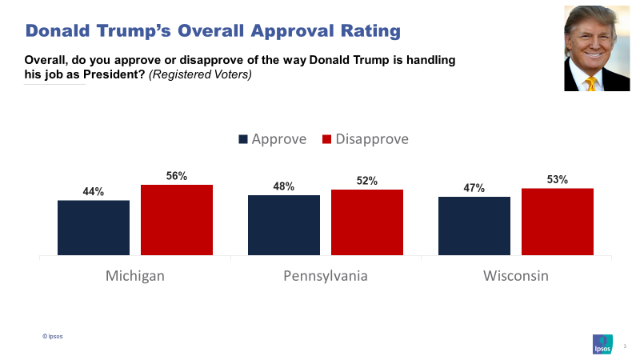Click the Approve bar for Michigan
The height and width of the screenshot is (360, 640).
pyautogui.click(x=94, y=228)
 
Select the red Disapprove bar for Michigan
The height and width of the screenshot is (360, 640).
pyautogui.click(x=177, y=221)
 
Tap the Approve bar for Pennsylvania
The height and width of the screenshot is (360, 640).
pyautogui.click(x=284, y=226)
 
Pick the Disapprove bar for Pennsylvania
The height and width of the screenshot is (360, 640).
pyautogui.click(x=367, y=223)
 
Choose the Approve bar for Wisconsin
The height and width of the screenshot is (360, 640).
pyautogui.click(x=474, y=226)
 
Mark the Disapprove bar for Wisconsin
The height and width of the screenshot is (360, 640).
pyautogui.click(x=558, y=222)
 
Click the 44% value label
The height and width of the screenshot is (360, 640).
pyautogui.click(x=94, y=192)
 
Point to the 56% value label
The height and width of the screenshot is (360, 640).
pyautogui.click(x=177, y=176)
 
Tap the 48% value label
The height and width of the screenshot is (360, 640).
pyautogui.click(x=284, y=186)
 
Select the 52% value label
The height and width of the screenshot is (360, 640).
pyautogui.click(x=367, y=181)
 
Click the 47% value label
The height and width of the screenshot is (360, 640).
pyautogui.click(x=474, y=188)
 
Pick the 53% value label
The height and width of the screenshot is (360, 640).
pyautogui.click(x=558, y=180)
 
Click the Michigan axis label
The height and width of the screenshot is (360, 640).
pyautogui.click(x=135, y=276)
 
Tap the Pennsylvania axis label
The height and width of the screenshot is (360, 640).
pyautogui.click(x=326, y=276)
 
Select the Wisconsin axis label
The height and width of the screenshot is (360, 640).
pyautogui.click(x=516, y=276)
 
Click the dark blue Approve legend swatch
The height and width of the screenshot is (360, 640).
pyautogui.click(x=243, y=139)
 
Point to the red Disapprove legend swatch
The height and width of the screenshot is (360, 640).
pyautogui.click(x=327, y=139)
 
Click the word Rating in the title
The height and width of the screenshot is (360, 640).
pyautogui.click(x=355, y=31)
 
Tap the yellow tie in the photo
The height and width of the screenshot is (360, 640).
pyautogui.click(x=591, y=82)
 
